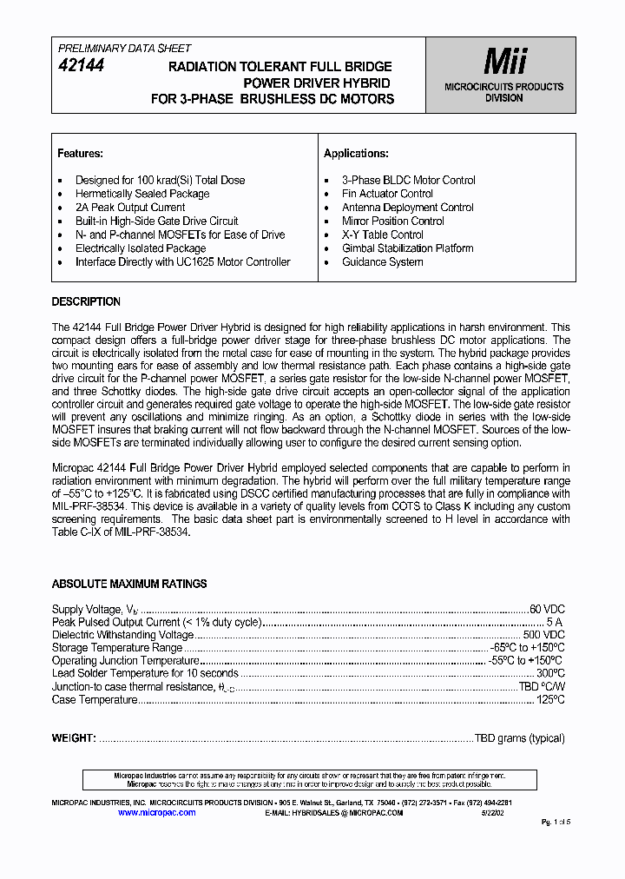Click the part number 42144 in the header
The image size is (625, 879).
point(81,65)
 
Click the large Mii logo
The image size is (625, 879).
point(504,62)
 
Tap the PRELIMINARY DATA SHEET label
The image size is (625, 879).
point(124,49)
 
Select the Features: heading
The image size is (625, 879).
point(80,154)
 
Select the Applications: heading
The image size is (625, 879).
point(355,154)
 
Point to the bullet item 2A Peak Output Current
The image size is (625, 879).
point(130,208)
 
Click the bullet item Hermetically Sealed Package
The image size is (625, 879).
point(142,194)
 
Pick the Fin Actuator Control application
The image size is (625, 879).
point(387,194)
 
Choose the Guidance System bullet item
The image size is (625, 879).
point(382,261)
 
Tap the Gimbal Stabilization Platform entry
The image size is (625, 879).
point(407,248)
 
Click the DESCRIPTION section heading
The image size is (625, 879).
point(86,302)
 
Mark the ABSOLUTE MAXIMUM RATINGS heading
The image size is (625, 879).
point(129,585)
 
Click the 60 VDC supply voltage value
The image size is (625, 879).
point(547,610)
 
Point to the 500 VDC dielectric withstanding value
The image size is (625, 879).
point(543,635)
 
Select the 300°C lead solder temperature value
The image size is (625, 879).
point(550,673)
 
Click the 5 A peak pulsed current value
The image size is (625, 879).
point(555,623)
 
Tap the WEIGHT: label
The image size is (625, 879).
point(74,738)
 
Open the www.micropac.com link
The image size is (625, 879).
point(156,813)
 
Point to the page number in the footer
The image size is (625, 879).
point(556,822)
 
